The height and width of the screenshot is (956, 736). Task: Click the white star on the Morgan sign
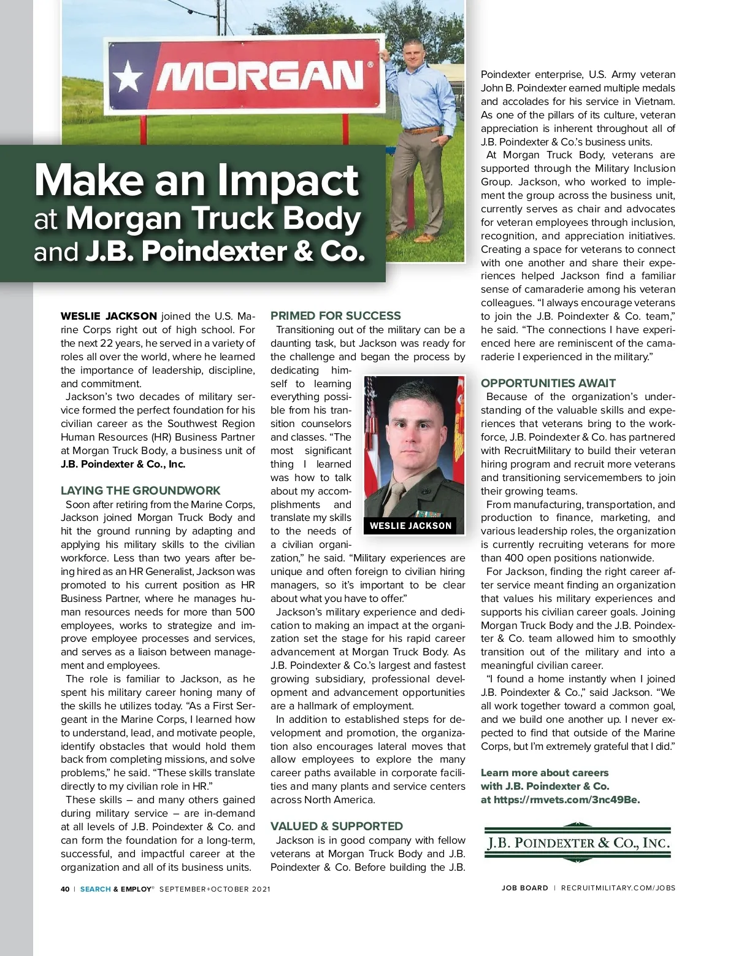(x=129, y=77)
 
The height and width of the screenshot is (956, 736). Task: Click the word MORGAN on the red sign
(x=261, y=77)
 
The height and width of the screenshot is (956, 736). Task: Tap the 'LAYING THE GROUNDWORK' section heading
(x=140, y=490)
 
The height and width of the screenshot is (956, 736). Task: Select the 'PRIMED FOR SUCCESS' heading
(x=335, y=315)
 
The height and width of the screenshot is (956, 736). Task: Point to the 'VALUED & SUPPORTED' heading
(x=337, y=826)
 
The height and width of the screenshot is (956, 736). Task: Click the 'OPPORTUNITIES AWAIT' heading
(x=548, y=383)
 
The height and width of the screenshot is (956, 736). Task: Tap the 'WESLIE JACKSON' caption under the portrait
(x=410, y=525)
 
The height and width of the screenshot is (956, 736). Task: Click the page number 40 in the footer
(x=65, y=889)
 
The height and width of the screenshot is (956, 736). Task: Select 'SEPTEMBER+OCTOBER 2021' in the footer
(x=215, y=889)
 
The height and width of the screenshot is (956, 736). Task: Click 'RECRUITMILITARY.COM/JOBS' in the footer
(x=618, y=888)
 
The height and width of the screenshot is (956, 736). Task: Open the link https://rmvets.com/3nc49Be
(x=566, y=800)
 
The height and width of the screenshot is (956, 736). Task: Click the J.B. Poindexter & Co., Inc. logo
(x=577, y=843)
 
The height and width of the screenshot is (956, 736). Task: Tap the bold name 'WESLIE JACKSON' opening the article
(x=109, y=316)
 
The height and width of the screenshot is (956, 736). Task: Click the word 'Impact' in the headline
(x=288, y=180)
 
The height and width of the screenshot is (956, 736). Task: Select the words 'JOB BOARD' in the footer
(x=524, y=888)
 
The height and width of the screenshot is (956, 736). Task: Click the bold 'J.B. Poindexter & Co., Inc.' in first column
(x=123, y=464)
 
